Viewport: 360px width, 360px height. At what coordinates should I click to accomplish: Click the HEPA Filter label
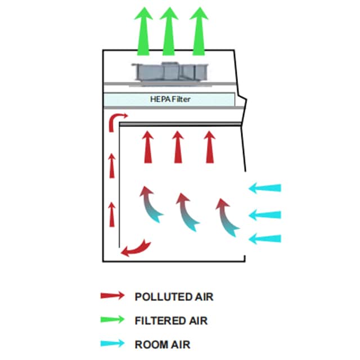(x=169, y=99)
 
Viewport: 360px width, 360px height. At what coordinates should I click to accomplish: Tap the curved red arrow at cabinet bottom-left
(x=137, y=248)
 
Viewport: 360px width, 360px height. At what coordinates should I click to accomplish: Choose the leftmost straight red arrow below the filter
(x=147, y=147)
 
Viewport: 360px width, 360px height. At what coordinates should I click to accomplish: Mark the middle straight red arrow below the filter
(x=178, y=147)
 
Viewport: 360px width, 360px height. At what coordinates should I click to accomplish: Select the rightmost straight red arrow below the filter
(x=210, y=147)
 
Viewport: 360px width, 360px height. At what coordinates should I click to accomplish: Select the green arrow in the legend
(x=112, y=320)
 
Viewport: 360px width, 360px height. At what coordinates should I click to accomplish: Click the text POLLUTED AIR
(x=174, y=296)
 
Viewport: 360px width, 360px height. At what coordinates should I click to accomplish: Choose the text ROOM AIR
(x=163, y=344)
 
